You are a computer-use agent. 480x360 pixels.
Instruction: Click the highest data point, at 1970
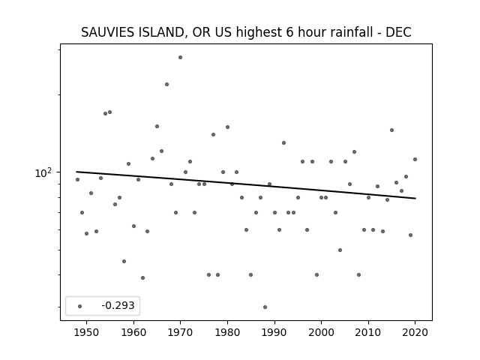point(180,57)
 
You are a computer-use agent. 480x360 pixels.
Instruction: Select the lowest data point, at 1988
point(265,307)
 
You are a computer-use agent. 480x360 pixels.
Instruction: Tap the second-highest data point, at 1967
point(166,85)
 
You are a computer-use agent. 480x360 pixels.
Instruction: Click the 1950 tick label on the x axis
point(87,332)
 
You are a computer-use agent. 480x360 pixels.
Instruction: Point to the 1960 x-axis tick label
point(133,332)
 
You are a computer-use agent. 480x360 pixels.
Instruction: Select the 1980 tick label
point(227,332)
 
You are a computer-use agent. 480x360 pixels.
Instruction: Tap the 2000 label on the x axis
point(322,332)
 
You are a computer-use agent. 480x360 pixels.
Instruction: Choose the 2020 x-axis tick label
point(415,332)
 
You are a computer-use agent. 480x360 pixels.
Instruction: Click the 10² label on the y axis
point(43,172)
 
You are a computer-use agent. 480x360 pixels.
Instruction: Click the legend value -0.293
point(118,305)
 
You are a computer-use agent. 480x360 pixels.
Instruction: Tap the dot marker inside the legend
point(80,306)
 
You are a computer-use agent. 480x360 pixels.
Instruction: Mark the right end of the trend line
point(415,198)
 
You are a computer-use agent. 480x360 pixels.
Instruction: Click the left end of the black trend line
point(76,172)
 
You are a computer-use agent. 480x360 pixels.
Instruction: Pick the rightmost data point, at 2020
point(415,160)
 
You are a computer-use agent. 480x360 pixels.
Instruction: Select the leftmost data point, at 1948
point(77,180)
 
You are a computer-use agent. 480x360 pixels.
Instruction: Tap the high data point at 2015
point(391,130)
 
